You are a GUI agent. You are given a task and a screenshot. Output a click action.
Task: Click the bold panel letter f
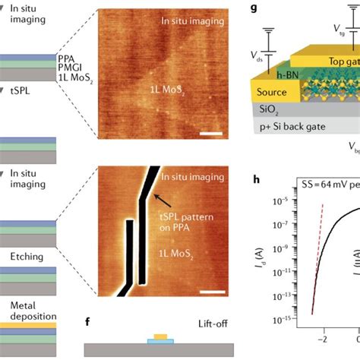[x=90, y=322]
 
